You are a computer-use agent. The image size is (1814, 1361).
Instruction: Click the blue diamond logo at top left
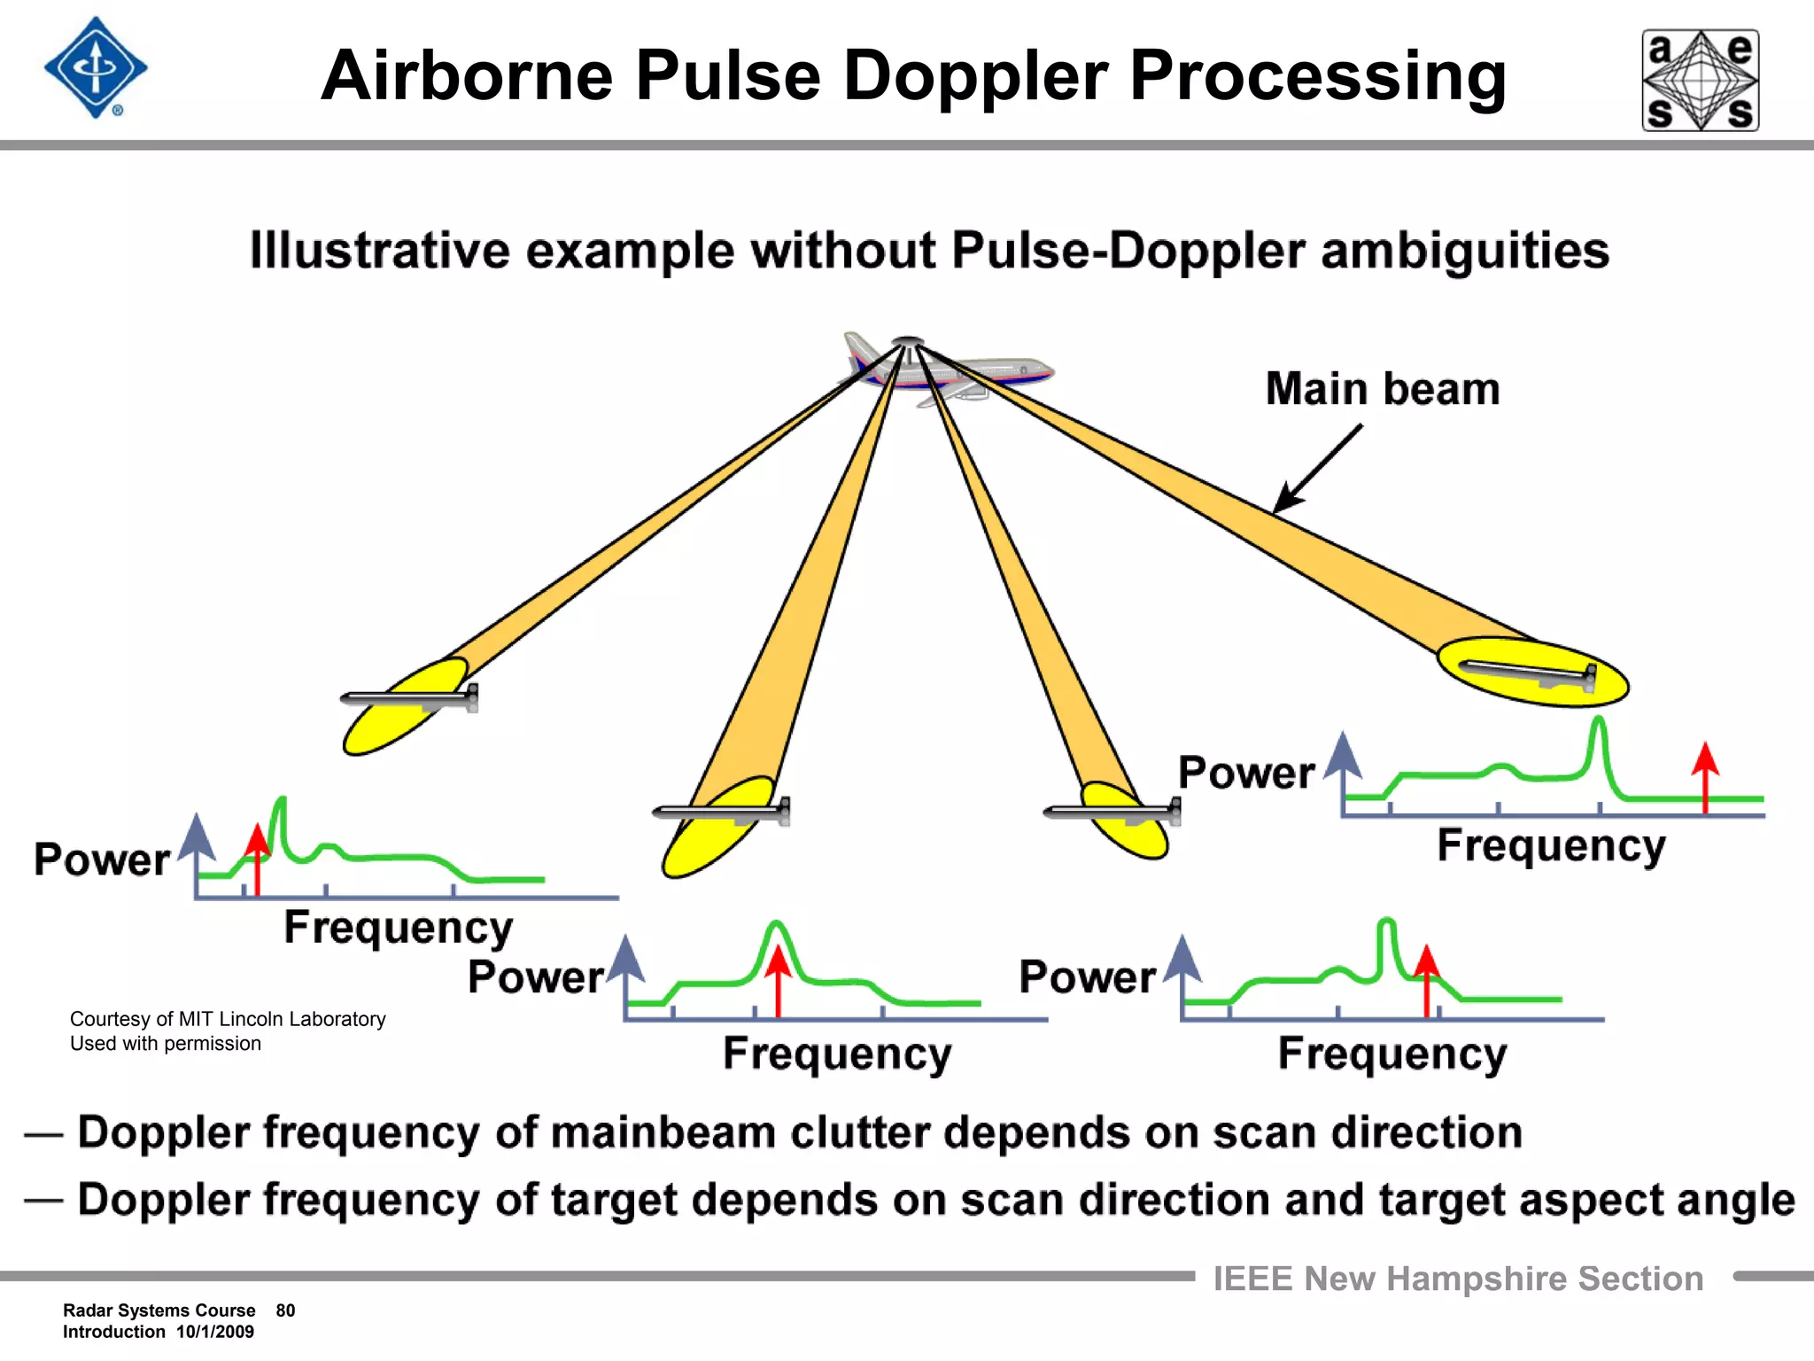pyautogui.click(x=96, y=68)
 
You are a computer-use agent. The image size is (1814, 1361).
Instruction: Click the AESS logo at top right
pyautogui.click(x=1701, y=81)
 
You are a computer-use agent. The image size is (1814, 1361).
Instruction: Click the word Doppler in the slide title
pyautogui.click(x=975, y=76)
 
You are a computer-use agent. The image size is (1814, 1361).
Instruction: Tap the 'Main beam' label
pyautogui.click(x=1383, y=389)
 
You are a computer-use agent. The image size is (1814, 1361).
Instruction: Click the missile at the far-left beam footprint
pyautogui.click(x=410, y=699)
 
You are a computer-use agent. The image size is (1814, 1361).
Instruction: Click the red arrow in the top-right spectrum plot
pyautogui.click(x=1705, y=775)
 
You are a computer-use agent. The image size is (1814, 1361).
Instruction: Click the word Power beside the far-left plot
pyautogui.click(x=102, y=859)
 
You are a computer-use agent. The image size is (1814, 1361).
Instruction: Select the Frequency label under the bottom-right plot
pyautogui.click(x=1392, y=1054)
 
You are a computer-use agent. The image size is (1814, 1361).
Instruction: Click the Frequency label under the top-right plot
pyautogui.click(x=1550, y=845)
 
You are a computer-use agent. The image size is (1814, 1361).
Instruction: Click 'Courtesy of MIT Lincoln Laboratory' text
pyautogui.click(x=228, y=1019)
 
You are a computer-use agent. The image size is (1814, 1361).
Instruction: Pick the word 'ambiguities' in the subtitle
pyautogui.click(x=1465, y=251)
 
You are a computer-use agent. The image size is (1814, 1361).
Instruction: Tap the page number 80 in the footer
pyautogui.click(x=285, y=1310)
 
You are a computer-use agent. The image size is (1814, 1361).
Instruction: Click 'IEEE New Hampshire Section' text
pyautogui.click(x=1458, y=1279)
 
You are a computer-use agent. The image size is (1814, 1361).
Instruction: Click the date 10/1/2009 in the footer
pyautogui.click(x=214, y=1332)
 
